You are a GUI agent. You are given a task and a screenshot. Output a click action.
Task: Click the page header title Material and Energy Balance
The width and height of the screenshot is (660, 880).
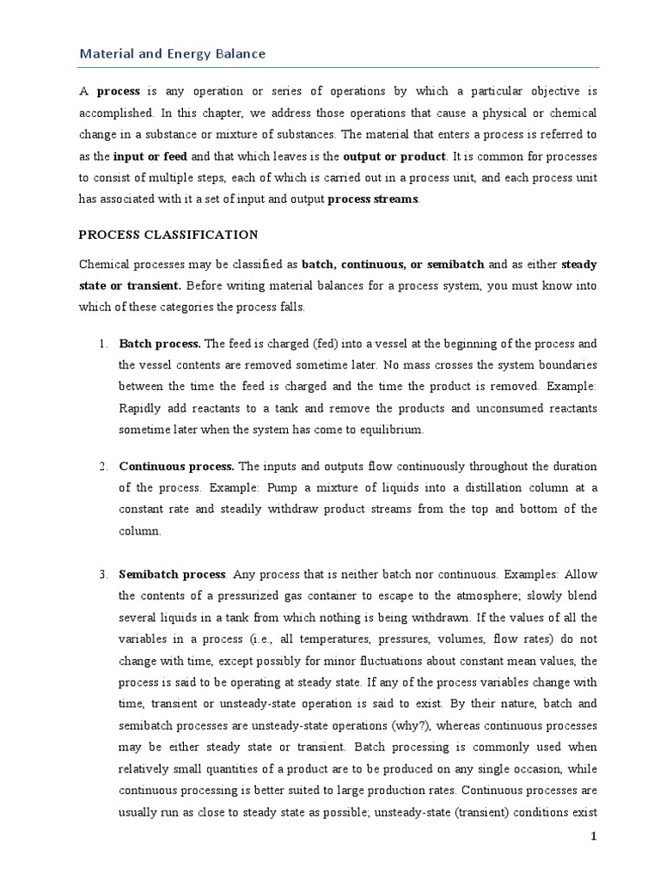pos(172,53)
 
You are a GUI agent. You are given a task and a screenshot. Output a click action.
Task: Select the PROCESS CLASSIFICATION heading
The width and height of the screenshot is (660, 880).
pos(168,234)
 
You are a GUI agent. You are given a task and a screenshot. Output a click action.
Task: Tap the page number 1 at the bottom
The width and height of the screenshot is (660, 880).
pos(592,837)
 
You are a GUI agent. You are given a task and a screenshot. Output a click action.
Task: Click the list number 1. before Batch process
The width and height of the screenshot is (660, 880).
pos(102,344)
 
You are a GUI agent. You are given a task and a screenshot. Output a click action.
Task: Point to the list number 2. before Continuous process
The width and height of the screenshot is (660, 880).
pos(102,467)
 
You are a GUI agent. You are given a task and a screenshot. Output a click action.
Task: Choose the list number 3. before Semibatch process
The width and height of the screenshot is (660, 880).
pos(102,573)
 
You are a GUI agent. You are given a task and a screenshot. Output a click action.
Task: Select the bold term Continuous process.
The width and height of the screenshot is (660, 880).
pos(176,467)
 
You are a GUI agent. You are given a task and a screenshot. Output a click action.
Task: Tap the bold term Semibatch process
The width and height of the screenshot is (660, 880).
pos(173,573)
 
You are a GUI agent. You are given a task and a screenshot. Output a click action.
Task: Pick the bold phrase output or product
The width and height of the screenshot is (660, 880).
pos(394,156)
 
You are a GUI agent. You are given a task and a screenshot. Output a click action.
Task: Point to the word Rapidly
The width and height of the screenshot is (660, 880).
pos(140,408)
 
